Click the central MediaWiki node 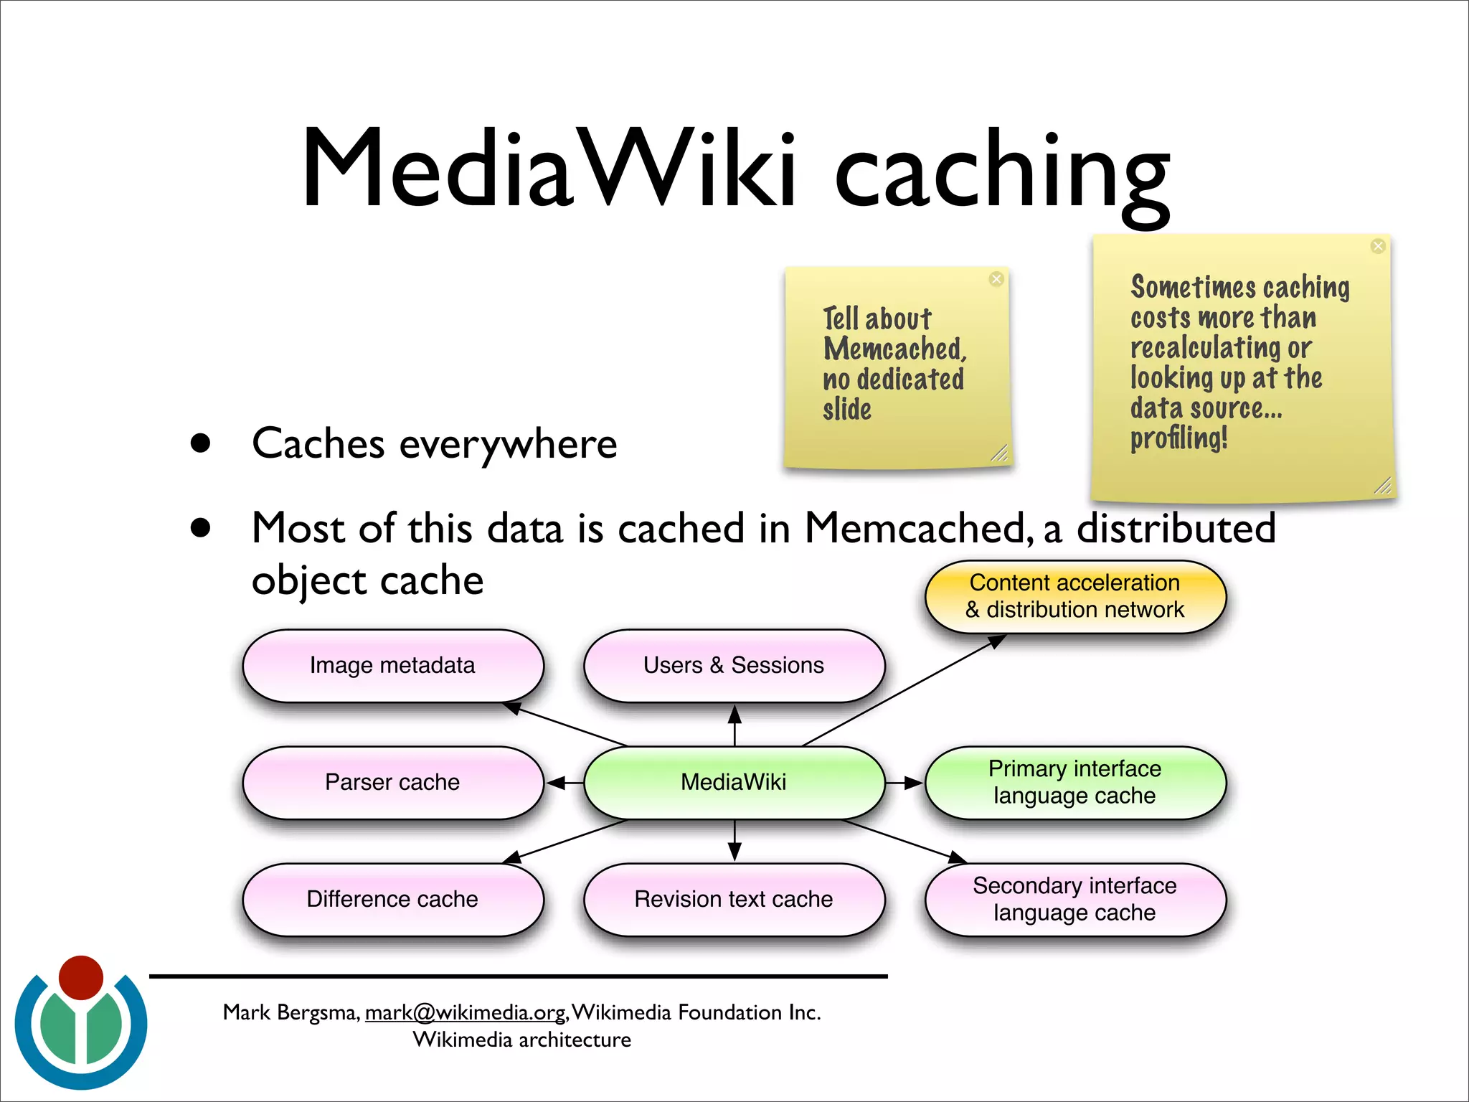734,782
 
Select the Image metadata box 392,665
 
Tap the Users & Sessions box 734,665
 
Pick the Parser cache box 392,782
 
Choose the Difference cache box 392,899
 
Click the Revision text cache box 734,899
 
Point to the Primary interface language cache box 1074,782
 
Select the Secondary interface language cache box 1074,899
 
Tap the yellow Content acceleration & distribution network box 1074,596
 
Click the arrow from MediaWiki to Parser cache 565,783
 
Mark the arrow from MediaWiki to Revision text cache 734,841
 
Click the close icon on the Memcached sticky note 996,279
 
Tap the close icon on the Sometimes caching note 1378,246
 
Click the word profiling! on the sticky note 1178,438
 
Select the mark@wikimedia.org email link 466,1012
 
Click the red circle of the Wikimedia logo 81,977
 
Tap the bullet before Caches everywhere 201,443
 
